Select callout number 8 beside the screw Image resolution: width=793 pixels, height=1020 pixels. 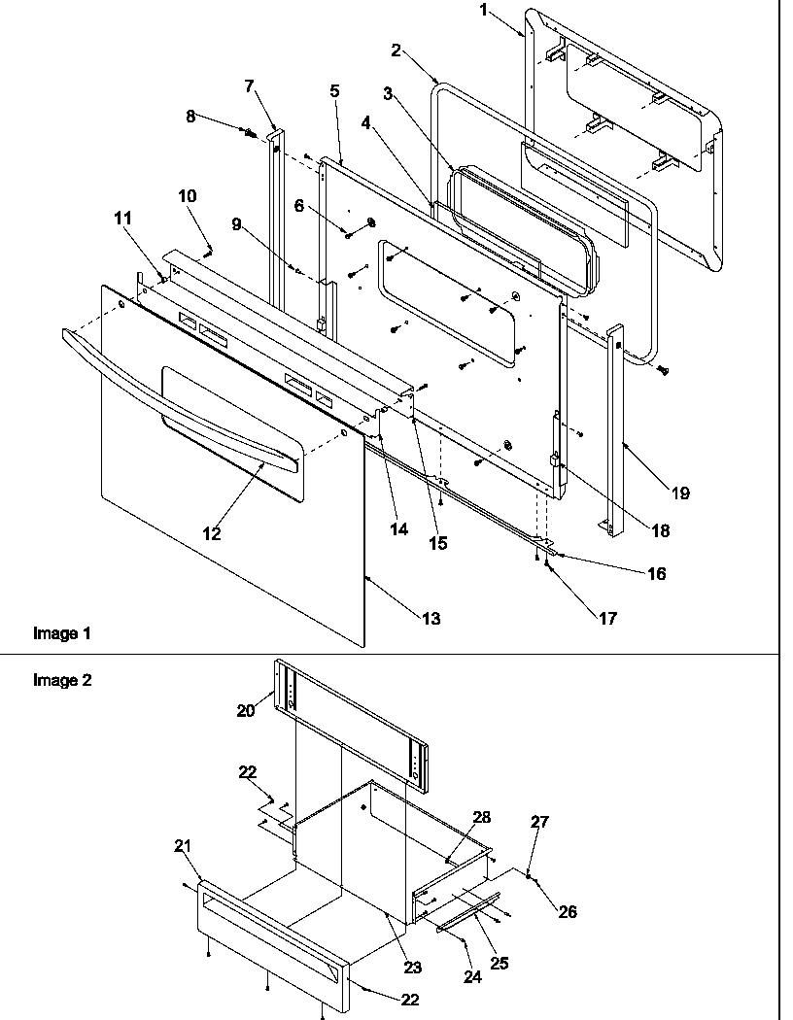(191, 116)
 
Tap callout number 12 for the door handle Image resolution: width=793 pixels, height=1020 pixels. (212, 533)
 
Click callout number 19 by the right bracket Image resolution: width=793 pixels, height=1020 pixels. (679, 493)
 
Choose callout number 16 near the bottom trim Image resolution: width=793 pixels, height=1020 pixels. (656, 573)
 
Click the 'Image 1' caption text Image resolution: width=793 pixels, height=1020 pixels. (62, 633)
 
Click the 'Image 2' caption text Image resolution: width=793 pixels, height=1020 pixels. (62, 680)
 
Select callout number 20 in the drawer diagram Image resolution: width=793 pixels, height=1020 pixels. (246, 710)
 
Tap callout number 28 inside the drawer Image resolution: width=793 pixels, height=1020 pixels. (481, 817)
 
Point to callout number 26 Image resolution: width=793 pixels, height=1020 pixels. (568, 911)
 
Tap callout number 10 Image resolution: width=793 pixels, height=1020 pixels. (187, 196)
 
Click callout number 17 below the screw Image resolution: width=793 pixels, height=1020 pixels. (607, 617)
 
